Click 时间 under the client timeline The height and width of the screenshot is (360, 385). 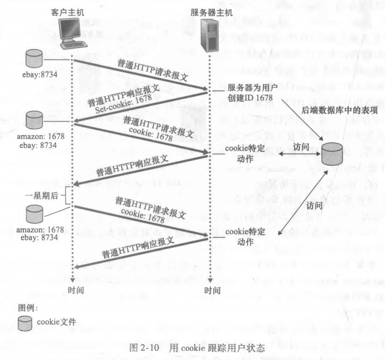click(x=75, y=290)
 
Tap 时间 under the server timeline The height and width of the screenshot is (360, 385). click(x=212, y=290)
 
